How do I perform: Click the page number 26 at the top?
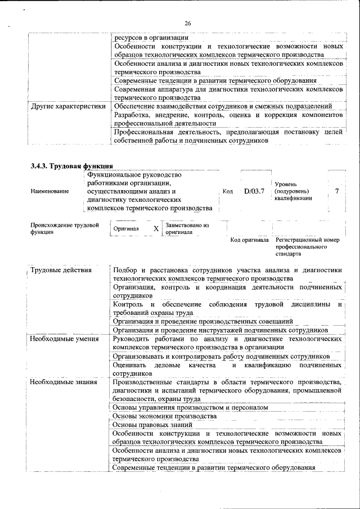(187, 23)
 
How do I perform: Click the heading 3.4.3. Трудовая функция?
(72, 166)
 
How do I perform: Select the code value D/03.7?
(254, 191)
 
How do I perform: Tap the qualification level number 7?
(336, 191)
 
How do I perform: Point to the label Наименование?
(50, 191)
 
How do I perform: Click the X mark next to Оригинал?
(156, 229)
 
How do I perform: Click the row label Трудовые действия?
(61, 271)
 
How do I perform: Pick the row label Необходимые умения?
(64, 339)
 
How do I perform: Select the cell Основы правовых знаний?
(153, 425)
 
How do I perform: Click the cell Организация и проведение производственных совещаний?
(202, 321)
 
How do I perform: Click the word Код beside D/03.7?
(228, 191)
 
